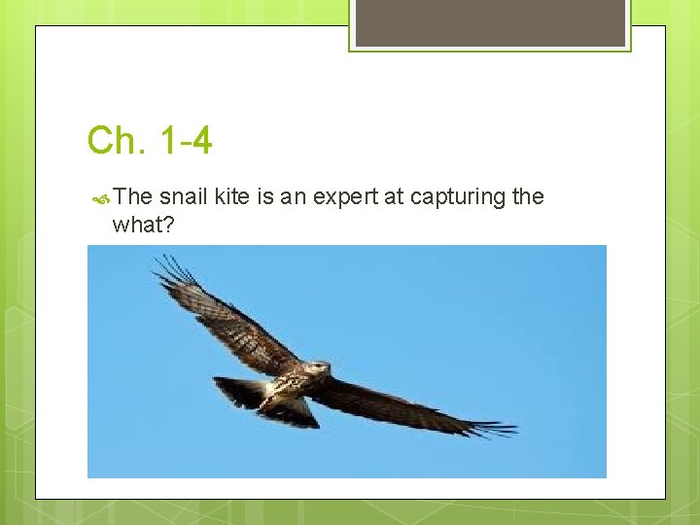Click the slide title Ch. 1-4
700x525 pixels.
(150, 141)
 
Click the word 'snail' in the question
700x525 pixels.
(182, 197)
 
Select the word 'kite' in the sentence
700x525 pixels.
(231, 197)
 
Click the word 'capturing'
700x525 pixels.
(457, 198)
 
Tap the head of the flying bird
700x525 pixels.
(320, 368)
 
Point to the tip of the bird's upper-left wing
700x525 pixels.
(165, 264)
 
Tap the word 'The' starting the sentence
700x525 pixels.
(133, 197)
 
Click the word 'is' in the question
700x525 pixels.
(266, 197)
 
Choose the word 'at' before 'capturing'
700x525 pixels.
(394, 197)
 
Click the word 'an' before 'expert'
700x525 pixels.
(293, 197)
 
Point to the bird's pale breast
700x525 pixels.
(289, 386)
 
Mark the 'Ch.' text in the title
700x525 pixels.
(114, 141)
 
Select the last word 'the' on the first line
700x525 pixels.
(527, 197)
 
